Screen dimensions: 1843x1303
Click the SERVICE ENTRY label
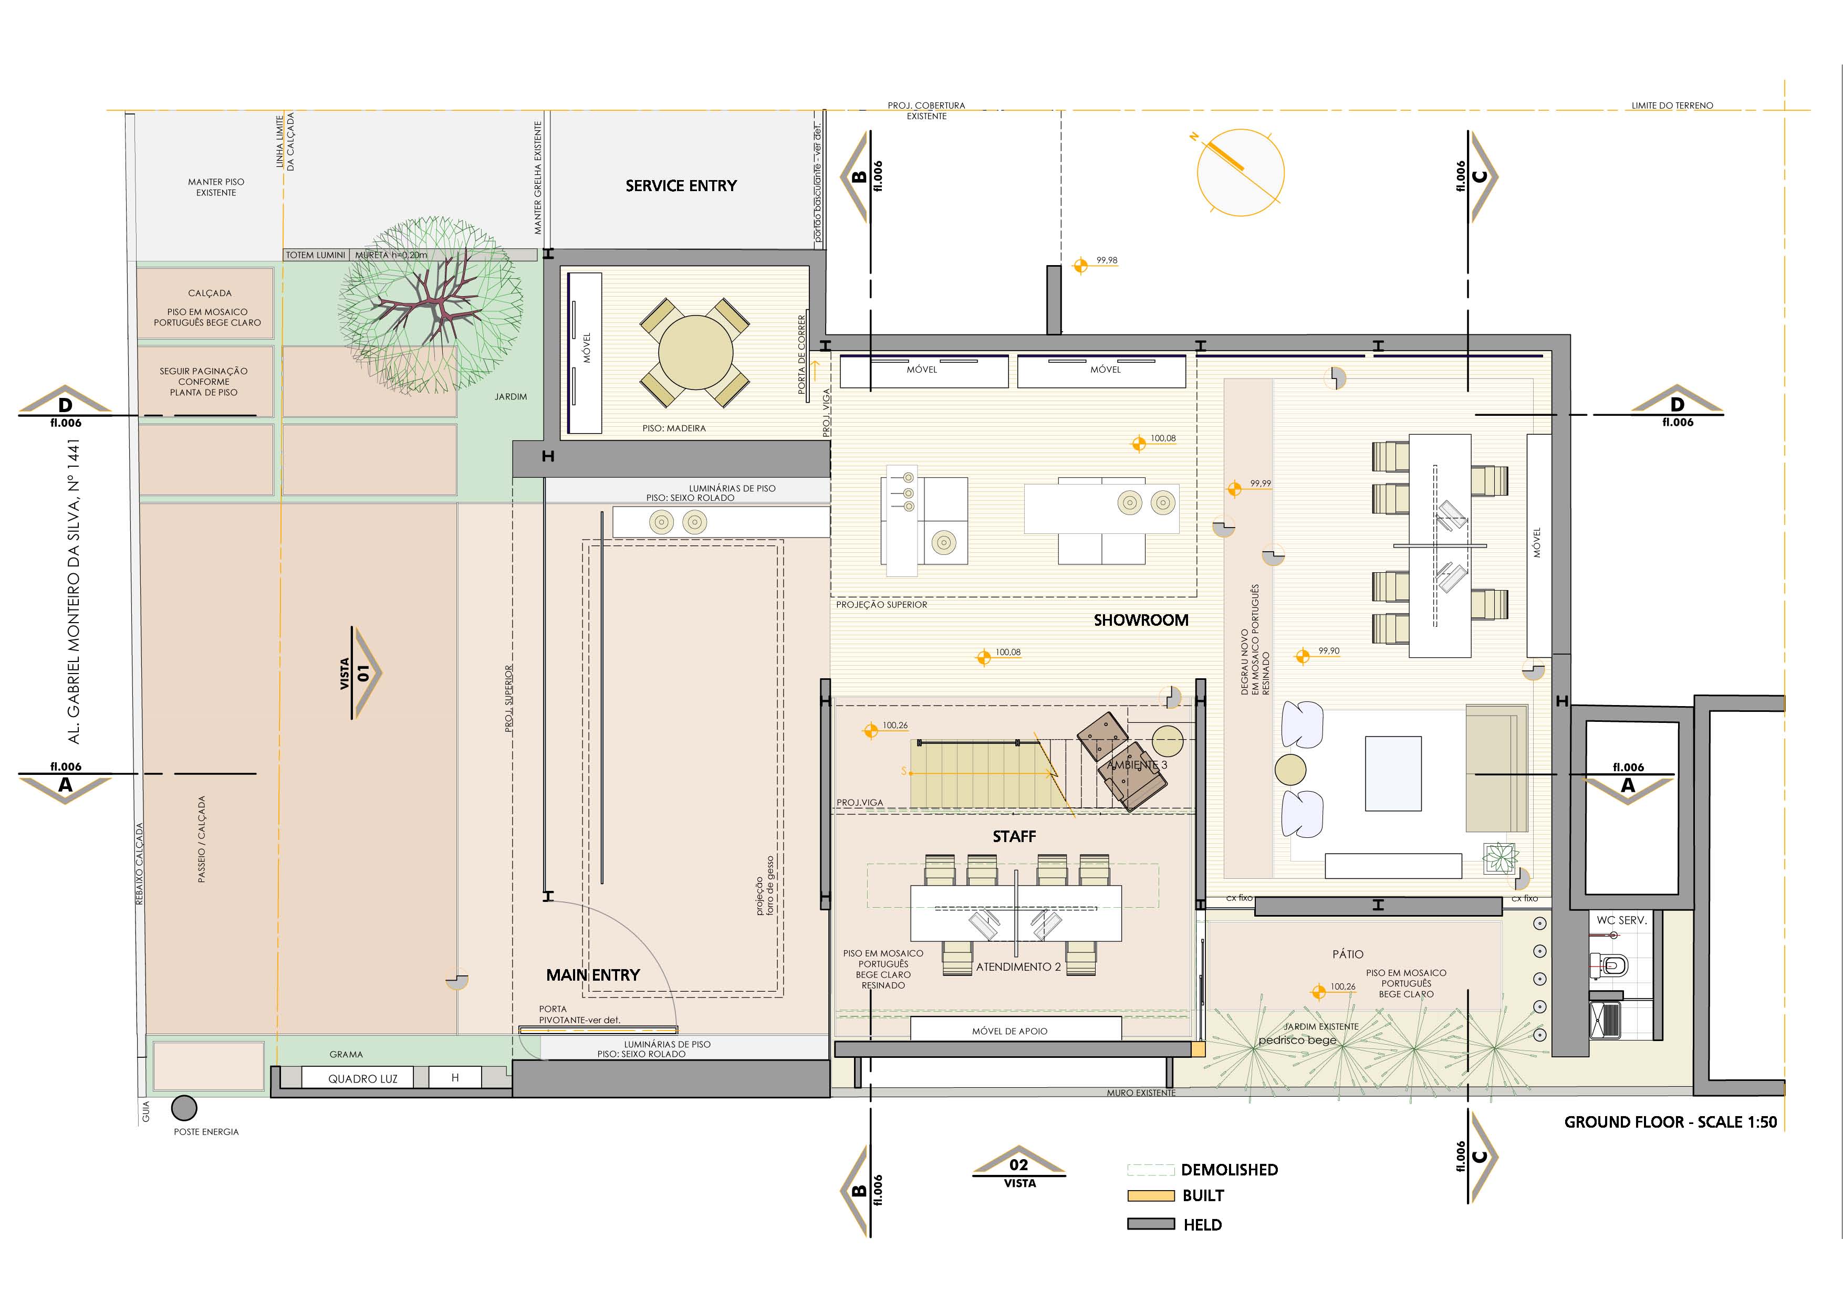click(681, 185)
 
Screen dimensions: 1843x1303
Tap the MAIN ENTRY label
click(593, 975)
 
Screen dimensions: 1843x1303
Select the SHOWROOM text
click(1141, 620)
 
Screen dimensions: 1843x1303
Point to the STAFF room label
click(1014, 836)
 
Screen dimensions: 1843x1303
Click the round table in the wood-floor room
click(695, 352)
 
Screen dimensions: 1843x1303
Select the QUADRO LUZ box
click(363, 1078)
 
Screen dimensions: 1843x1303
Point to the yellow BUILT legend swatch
click(1150, 1195)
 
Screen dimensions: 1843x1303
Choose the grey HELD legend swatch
click(1150, 1224)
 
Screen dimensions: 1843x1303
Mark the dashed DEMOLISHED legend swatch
click(1150, 1170)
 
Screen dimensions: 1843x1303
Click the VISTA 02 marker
click(1018, 1168)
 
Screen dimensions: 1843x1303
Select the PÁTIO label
click(1348, 954)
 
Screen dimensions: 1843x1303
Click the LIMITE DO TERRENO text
click(1672, 105)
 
